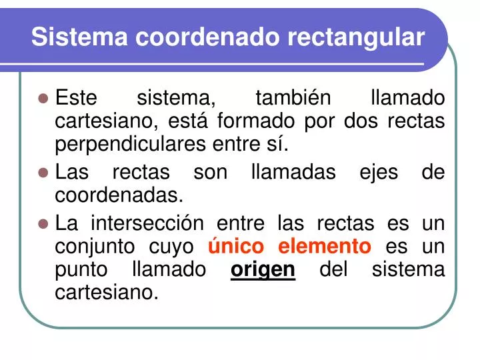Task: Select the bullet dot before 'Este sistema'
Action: point(44,99)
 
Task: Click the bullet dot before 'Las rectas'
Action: point(44,173)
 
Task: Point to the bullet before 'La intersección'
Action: point(44,223)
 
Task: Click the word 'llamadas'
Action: point(294,172)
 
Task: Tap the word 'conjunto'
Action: point(96,247)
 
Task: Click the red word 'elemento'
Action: point(324,246)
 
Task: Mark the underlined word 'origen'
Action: point(263,270)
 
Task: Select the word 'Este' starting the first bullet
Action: point(76,98)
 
